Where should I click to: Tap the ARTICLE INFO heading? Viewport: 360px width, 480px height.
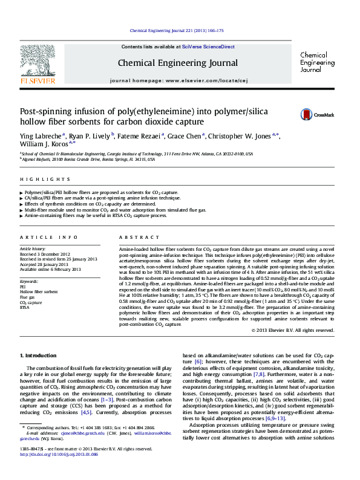tap(48, 237)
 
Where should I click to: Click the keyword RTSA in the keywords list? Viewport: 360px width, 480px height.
tap(25, 307)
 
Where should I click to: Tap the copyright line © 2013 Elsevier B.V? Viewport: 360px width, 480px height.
tap(292, 330)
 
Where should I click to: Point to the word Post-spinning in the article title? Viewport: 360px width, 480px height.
tap(45, 112)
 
